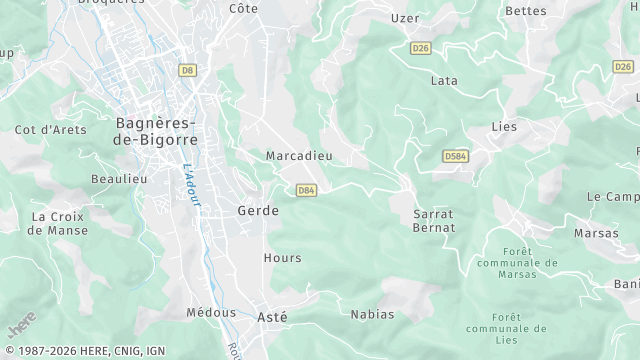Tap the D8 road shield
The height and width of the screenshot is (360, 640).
pos(186,70)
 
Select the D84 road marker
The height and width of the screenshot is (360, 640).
pos(306,190)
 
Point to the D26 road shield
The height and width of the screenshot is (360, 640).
pos(421,47)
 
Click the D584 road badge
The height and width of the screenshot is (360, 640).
pos(456,157)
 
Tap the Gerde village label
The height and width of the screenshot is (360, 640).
pos(258,211)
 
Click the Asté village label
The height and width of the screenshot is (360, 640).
pos(272,316)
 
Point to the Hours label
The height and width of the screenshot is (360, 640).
pos(282,258)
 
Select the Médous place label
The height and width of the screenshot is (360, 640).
pos(211,312)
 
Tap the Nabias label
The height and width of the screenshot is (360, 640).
pos(372,314)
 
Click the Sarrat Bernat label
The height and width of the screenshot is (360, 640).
pos(434,221)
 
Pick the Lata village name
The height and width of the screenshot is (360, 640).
pos(443,80)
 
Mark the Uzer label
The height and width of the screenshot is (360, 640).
pos(405,19)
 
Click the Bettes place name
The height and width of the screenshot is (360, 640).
pos(526,11)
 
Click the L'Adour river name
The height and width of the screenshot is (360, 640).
pos(192,186)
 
